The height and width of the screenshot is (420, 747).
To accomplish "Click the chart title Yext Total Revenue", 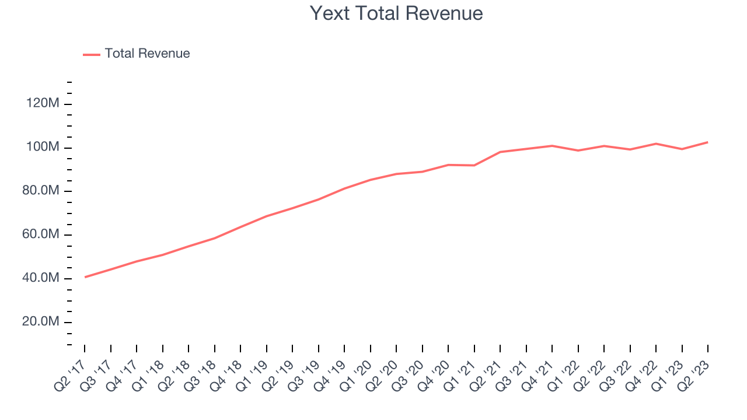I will pos(396,13).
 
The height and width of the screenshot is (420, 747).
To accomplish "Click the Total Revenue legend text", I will pos(147,54).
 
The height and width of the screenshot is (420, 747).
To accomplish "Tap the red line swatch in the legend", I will pos(92,54).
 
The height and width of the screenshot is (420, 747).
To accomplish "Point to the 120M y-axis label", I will pos(43,104).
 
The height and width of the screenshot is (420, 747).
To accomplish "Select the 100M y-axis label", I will pos(43,148).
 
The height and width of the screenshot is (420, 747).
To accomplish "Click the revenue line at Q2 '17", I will pos(85,277).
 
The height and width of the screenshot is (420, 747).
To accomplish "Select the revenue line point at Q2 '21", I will pos(500,152).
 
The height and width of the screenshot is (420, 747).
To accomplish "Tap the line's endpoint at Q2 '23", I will pos(708,142).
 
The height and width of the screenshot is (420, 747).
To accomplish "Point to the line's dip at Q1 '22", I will pos(578,150).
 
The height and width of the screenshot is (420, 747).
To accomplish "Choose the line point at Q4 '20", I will pos(448,164).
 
